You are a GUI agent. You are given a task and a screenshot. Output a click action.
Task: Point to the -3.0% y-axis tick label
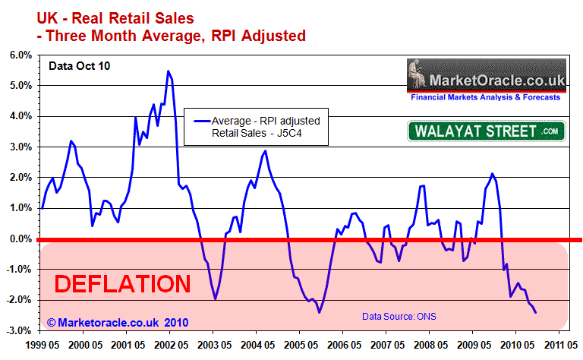point(19,330)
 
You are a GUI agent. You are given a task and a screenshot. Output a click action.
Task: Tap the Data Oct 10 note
point(79,67)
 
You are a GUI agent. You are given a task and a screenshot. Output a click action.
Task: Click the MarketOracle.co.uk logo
point(485,80)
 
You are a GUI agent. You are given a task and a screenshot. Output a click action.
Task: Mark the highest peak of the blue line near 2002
point(169,71)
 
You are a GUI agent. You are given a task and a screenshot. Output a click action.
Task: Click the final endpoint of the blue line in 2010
point(536,312)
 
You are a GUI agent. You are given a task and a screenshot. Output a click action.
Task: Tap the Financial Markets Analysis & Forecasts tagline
point(485,97)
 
